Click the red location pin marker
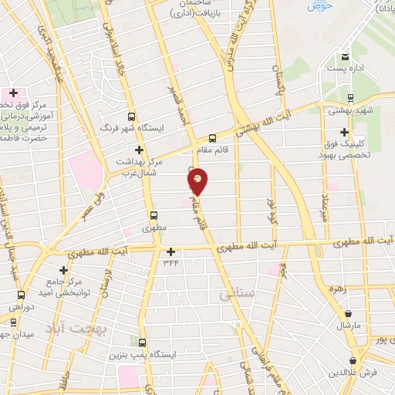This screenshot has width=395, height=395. point(198,181)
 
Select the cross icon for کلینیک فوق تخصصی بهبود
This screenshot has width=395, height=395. point(344,131)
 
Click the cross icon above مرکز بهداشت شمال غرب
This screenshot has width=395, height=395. point(139,150)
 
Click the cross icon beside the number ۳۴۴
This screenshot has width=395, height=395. point(170,252)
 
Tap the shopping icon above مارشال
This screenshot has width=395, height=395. point(351,313)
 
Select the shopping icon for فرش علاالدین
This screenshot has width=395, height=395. point(353,360)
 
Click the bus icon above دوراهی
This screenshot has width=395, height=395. point(21,295)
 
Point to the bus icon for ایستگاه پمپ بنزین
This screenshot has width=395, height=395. point(141,341)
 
